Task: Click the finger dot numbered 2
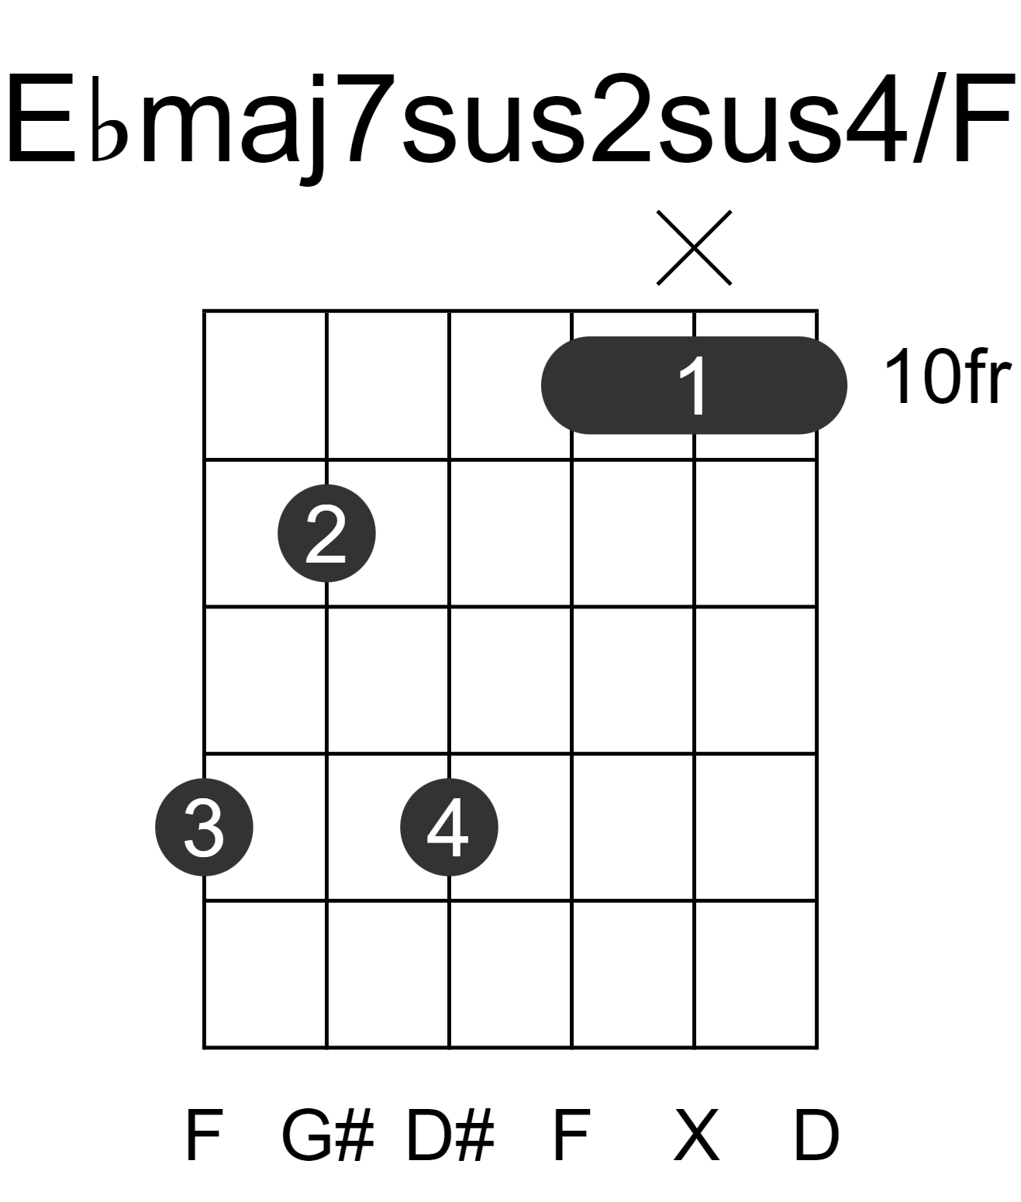point(326,532)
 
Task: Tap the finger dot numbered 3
point(204,827)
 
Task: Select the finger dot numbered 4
point(449,827)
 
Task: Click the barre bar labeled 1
point(694,385)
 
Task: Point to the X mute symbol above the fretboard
point(694,248)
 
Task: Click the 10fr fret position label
point(947,377)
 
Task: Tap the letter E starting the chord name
point(42,120)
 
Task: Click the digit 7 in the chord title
point(366,120)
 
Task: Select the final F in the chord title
point(980,120)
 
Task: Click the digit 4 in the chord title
point(876,120)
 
